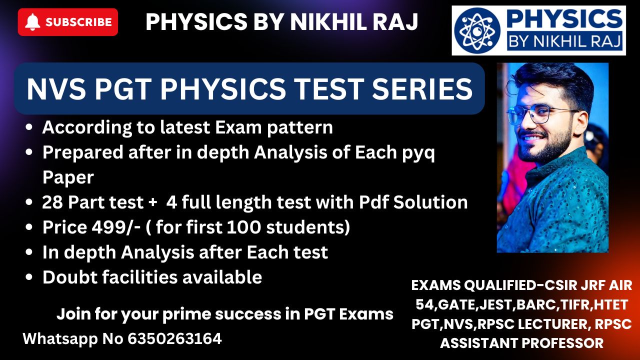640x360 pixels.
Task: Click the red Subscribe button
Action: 67,22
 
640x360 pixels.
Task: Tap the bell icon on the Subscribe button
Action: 32,22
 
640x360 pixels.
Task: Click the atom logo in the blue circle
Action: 477,30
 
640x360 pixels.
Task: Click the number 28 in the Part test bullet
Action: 52,202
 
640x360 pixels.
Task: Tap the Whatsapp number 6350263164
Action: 174,339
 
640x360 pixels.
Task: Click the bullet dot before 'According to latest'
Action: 29,127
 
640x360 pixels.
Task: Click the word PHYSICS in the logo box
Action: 564,19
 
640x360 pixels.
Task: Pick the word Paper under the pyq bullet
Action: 68,177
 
